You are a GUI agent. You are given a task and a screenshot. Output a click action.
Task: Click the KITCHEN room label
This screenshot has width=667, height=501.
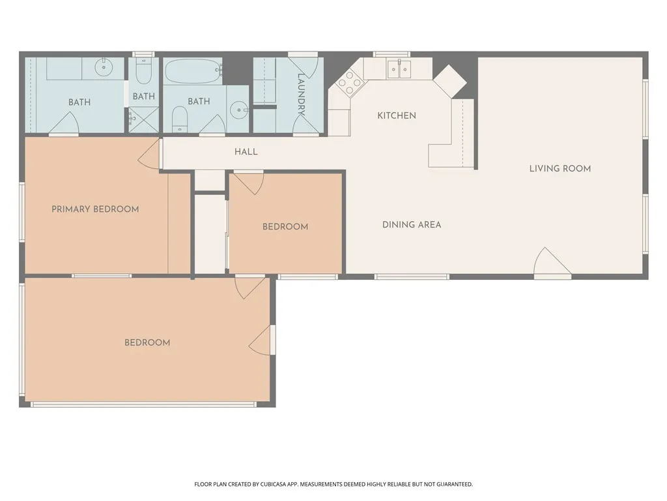pos(397,115)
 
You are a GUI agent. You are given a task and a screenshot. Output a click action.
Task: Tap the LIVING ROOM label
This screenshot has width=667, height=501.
pos(560,168)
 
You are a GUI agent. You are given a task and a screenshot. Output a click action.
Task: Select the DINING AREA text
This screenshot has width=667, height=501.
pos(411,224)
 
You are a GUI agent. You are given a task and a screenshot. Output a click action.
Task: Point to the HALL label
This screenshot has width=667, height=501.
pos(246,151)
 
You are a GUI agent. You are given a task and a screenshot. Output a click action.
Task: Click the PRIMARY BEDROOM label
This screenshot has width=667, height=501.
pos(95,209)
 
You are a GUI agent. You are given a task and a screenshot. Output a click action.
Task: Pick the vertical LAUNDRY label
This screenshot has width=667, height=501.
pos(301,95)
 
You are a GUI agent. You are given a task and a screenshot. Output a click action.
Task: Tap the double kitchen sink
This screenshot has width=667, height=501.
pos(399,68)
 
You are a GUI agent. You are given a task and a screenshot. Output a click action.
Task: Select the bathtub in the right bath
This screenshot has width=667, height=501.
pos(193,72)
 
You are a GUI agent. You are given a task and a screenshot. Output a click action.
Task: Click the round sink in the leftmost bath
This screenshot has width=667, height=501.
pos(104,67)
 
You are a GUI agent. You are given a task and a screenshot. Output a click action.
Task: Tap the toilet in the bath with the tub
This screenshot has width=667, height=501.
pos(180,118)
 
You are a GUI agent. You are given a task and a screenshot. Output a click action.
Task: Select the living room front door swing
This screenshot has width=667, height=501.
pos(551,264)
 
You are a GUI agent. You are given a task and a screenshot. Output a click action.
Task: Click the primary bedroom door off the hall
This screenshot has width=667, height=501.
pos(150,155)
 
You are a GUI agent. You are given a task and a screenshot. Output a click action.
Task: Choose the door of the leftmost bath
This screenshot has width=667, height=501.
pos(64,124)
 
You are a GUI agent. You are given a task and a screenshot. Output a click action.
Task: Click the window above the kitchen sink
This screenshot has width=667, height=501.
pos(391,54)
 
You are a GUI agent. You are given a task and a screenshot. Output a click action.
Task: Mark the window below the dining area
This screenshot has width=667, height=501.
pos(412,277)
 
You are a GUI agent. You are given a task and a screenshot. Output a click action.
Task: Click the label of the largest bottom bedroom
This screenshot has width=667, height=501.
pos(147,342)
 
